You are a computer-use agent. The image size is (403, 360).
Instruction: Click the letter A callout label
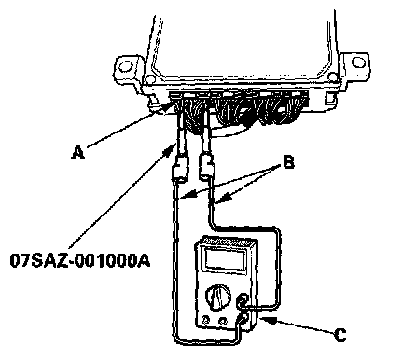78,153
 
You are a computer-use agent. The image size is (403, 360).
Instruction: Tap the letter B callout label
288,162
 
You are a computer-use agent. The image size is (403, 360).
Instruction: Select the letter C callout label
340,336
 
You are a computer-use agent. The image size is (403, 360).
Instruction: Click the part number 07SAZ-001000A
80,260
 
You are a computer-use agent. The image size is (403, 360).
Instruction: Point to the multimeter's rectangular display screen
226,260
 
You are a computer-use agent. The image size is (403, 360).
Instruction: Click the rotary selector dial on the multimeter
218,297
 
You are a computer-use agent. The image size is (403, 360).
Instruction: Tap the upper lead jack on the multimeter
243,300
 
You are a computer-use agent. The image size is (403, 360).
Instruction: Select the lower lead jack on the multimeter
243,318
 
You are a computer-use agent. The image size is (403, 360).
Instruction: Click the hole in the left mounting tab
126,66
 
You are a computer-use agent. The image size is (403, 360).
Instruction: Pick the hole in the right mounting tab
358,62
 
